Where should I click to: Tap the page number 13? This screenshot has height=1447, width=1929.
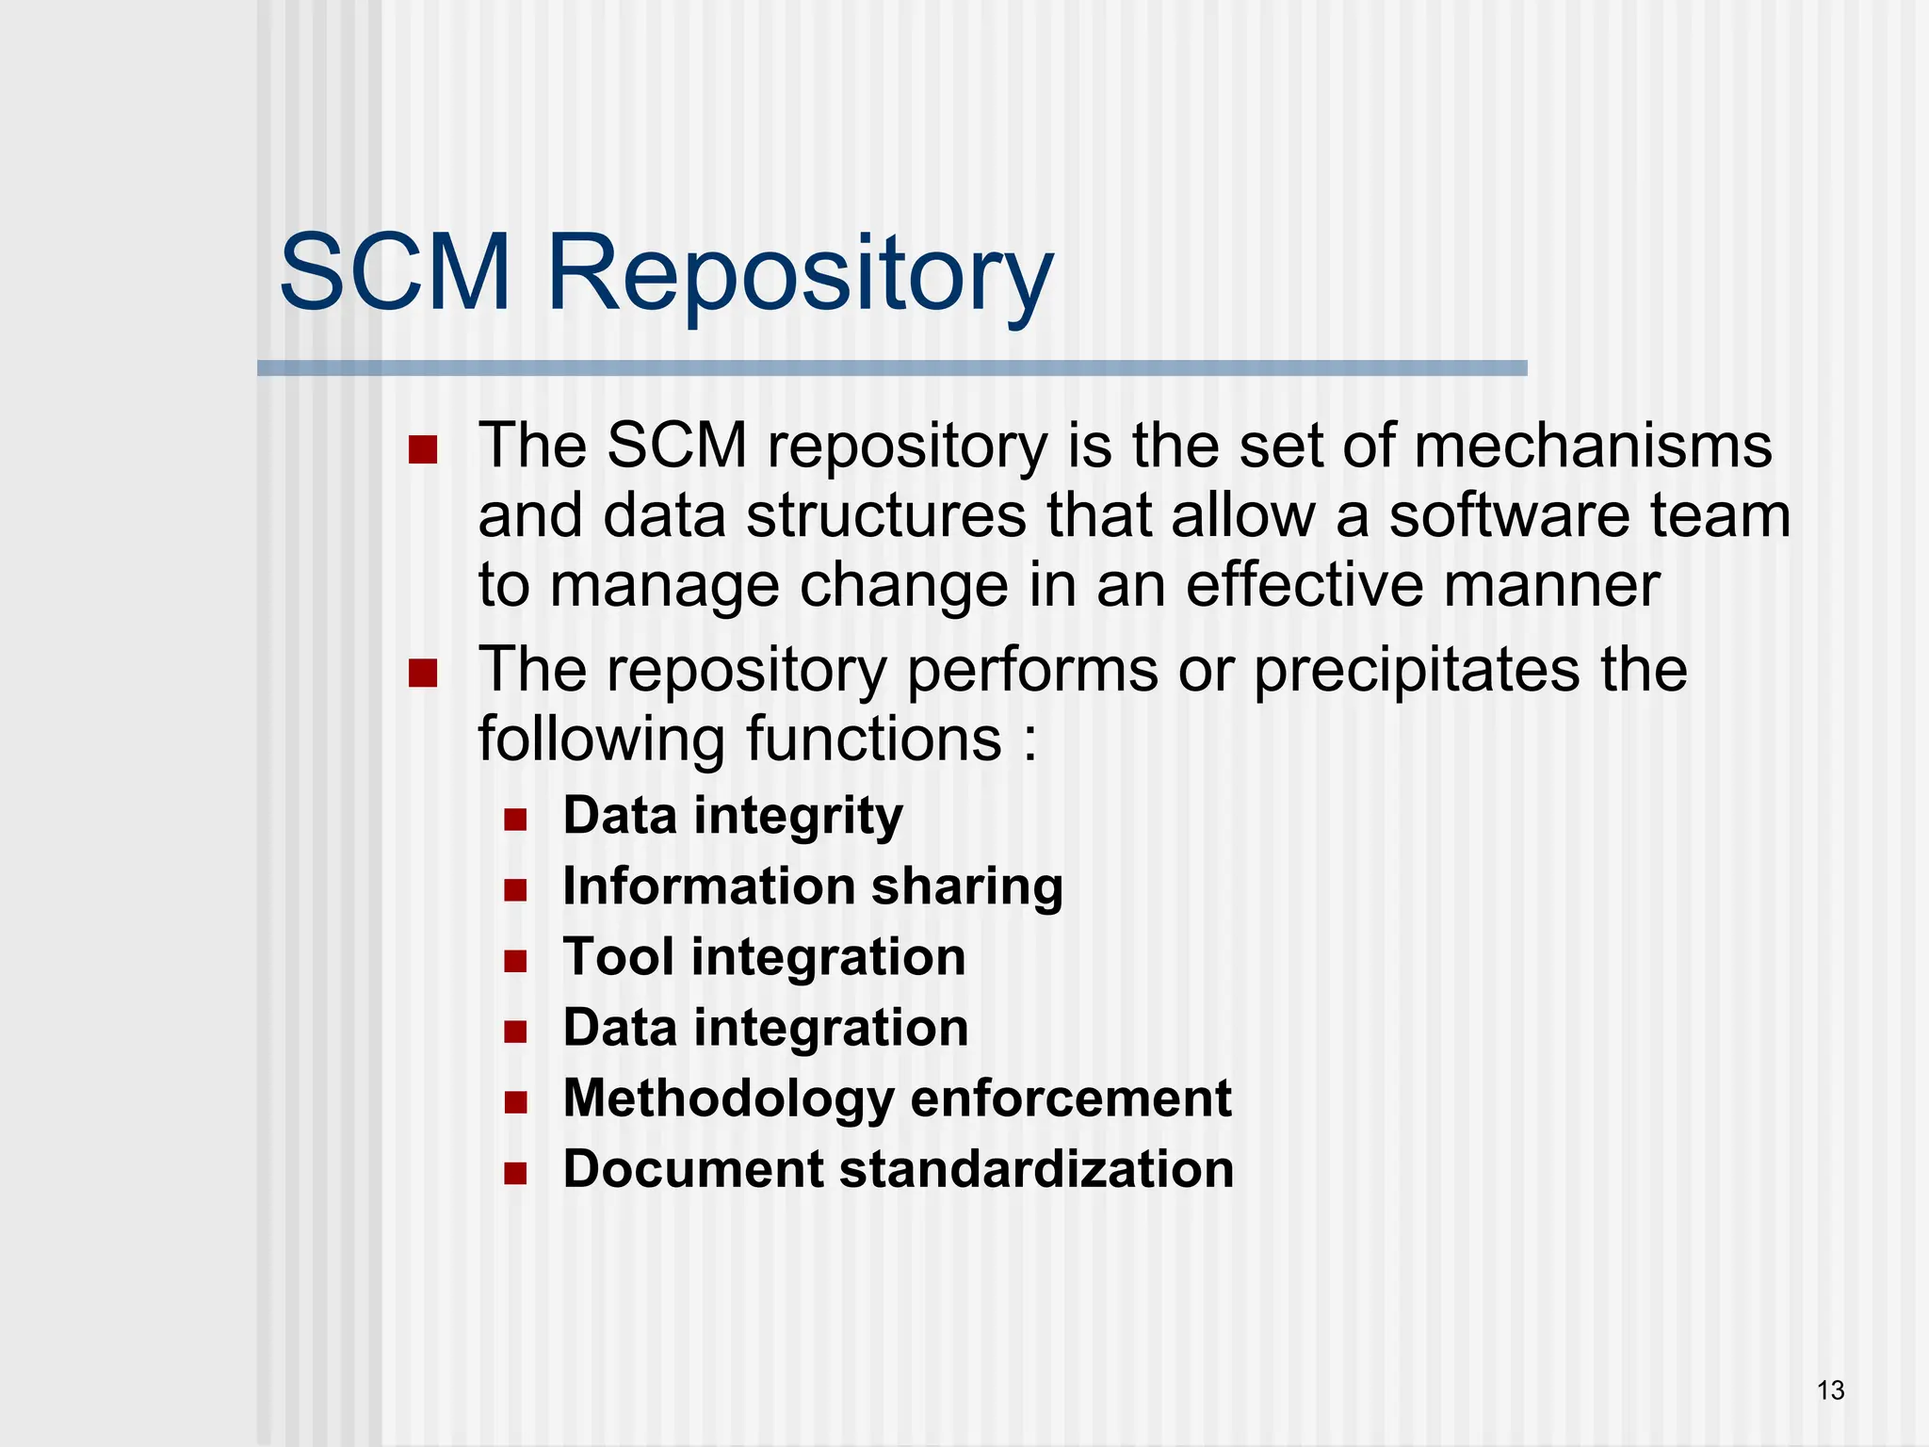point(1830,1390)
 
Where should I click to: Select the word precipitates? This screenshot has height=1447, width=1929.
point(1417,671)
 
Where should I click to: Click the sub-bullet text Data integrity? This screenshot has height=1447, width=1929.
point(732,816)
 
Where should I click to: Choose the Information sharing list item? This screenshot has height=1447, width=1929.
point(812,886)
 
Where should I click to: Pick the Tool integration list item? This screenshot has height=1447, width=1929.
point(764,957)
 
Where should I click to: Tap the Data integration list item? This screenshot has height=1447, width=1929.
point(765,1028)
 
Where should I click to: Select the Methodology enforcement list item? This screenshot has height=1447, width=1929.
point(897,1098)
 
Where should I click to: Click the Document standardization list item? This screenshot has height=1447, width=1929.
point(898,1169)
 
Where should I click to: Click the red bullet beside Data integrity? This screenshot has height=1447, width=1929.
point(515,819)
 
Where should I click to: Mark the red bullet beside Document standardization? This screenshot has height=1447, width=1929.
point(515,1173)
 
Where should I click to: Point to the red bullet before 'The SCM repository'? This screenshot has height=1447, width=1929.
point(423,450)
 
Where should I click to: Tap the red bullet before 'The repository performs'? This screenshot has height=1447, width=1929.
point(423,674)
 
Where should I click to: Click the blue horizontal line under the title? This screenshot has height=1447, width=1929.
point(891,368)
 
